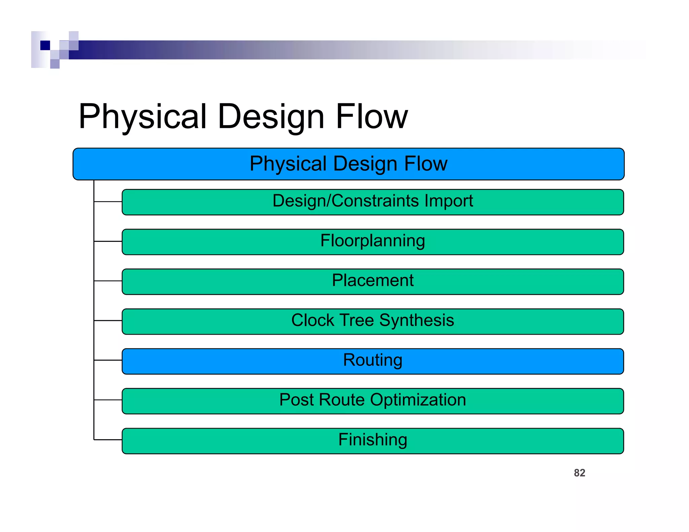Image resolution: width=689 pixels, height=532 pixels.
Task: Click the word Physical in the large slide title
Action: point(142,116)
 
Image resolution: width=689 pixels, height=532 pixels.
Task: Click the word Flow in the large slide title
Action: point(371,116)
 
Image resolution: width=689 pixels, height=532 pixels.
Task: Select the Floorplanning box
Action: point(372,242)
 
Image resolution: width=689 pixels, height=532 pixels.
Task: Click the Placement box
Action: point(372,281)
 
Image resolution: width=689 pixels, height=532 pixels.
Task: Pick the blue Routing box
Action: point(372,361)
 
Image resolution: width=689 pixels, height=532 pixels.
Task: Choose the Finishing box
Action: point(372,441)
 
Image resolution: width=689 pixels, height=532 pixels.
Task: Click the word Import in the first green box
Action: point(448,201)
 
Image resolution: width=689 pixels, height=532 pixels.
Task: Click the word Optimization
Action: point(418,400)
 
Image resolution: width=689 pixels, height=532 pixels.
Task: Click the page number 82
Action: point(579,473)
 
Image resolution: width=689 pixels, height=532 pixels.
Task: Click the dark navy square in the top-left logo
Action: point(45,45)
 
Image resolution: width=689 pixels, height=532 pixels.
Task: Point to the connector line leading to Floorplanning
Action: point(108,241)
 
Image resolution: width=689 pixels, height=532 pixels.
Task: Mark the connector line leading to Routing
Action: point(108,360)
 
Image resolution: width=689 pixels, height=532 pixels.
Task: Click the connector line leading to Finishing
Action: point(108,440)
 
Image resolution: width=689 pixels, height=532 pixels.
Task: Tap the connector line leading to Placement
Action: point(108,281)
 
